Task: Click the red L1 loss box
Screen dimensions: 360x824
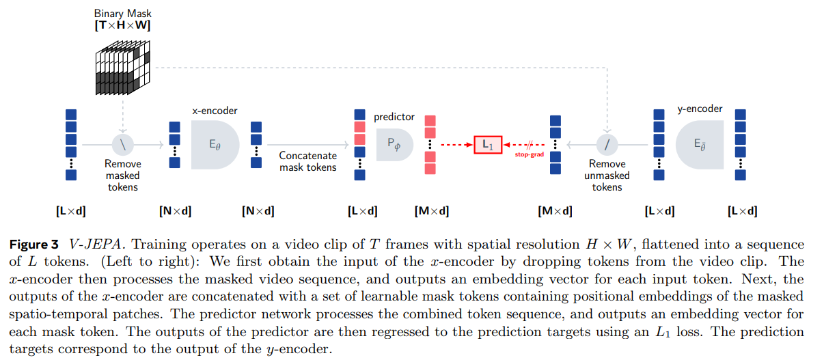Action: [x=488, y=145]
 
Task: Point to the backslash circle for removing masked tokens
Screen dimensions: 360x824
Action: [x=123, y=145]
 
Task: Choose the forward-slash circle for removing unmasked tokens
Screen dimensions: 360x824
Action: [x=607, y=145]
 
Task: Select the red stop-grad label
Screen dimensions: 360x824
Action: [x=529, y=155]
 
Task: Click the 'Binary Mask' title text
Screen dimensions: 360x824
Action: [x=122, y=13]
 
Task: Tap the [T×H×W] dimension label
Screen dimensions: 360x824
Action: [x=122, y=26]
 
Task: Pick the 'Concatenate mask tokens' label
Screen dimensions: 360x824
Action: [x=307, y=161]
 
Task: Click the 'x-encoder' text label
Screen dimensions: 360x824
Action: [x=215, y=110]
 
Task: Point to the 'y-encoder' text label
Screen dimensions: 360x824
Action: [x=700, y=109]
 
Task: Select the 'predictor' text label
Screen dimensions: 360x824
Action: [x=394, y=117]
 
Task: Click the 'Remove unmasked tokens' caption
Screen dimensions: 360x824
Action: [x=607, y=176]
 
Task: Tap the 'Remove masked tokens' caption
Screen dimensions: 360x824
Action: [x=123, y=176]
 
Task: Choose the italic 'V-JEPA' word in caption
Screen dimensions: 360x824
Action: [x=90, y=245]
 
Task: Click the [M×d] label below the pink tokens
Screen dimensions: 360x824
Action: [x=431, y=211]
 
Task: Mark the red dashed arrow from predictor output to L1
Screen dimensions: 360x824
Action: [x=455, y=145]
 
